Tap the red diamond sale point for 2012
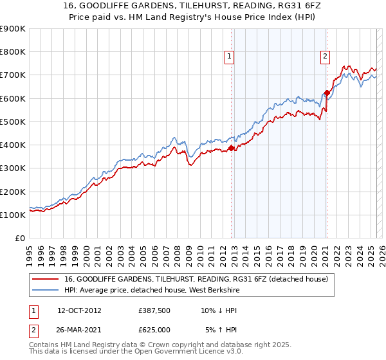pyautogui.click(x=231, y=148)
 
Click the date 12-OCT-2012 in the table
pyautogui.click(x=79, y=310)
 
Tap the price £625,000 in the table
pyautogui.click(x=154, y=330)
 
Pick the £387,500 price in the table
pyautogui.click(x=154, y=310)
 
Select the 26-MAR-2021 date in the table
pyautogui.click(x=79, y=330)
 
